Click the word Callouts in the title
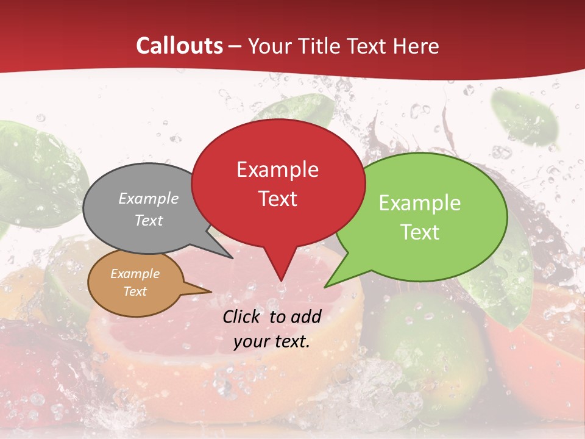[x=179, y=46]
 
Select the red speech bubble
[x=278, y=183]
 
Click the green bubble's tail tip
[x=325, y=287]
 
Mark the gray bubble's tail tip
[x=232, y=258]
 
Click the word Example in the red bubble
[x=277, y=170]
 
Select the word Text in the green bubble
[x=420, y=232]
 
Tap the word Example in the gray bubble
[x=149, y=199]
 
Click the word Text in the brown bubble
[x=135, y=291]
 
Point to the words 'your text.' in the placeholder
[x=272, y=341]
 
